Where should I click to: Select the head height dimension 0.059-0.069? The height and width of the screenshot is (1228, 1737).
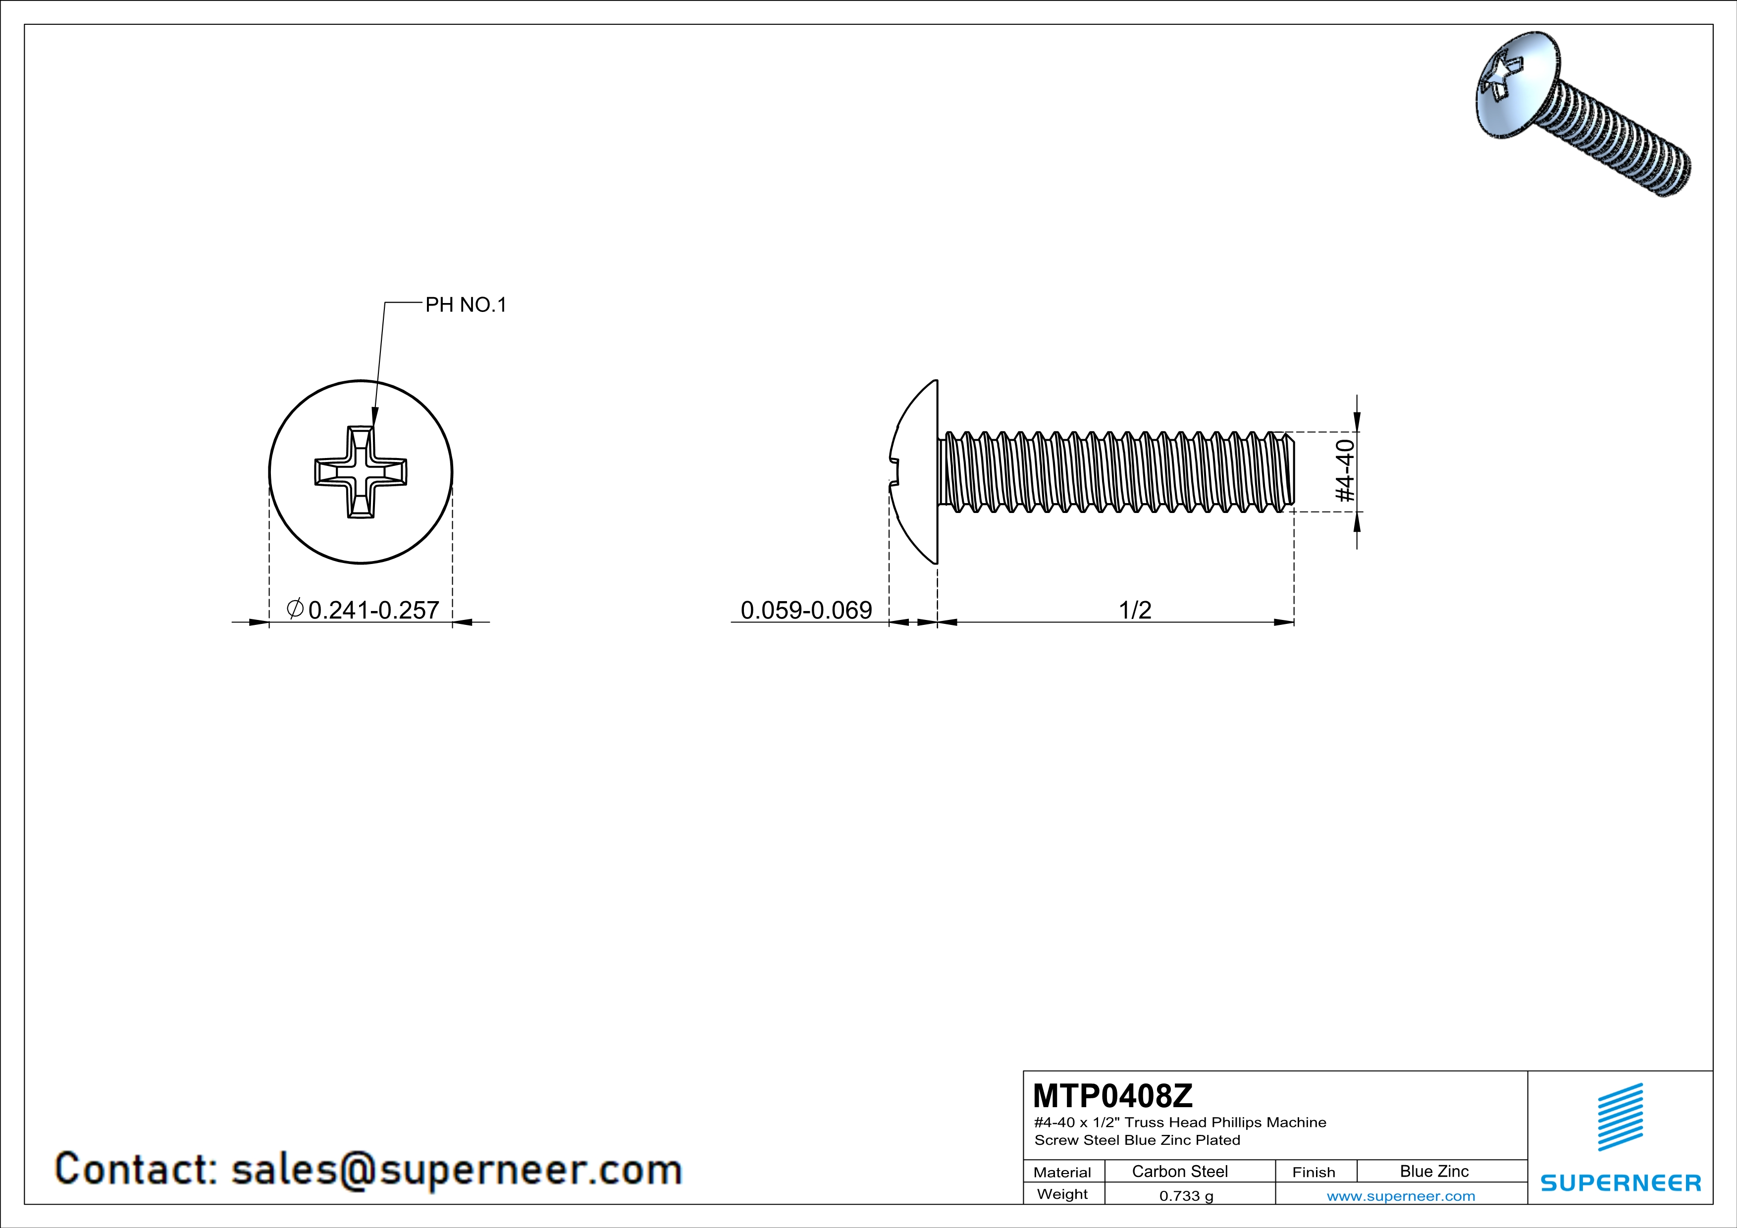[806, 610]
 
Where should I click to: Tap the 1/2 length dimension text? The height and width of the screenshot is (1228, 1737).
[1134, 610]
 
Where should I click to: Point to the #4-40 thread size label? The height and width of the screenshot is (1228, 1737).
[1344, 471]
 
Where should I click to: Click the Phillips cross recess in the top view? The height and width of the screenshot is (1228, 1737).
[361, 472]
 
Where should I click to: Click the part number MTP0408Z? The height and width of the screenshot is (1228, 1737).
[1112, 1095]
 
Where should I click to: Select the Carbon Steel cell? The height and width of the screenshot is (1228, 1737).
[1179, 1171]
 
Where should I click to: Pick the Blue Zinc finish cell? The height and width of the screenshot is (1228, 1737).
[1433, 1171]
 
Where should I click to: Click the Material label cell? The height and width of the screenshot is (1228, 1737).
[1062, 1172]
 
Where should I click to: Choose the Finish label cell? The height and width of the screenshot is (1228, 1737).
[1314, 1172]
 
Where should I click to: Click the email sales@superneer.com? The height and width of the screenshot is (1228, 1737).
[456, 1169]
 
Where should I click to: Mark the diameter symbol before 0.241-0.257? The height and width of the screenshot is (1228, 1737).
[295, 608]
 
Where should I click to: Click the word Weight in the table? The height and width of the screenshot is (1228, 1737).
[1062, 1194]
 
